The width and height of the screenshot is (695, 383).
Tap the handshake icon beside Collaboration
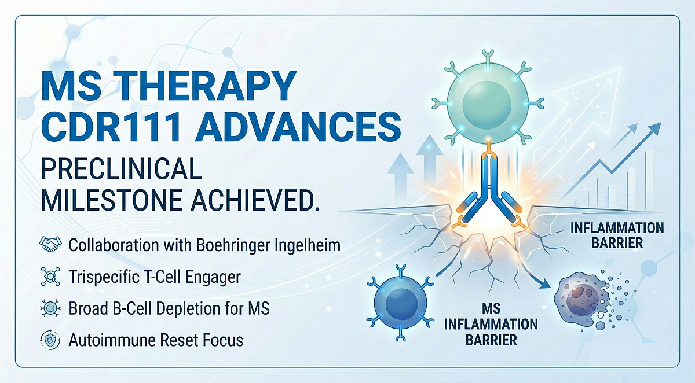[x=49, y=245]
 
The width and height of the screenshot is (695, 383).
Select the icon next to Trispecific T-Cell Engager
[x=49, y=277]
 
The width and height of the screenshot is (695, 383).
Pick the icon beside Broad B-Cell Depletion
[x=49, y=308]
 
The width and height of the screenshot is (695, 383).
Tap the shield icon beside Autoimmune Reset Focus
[x=49, y=340]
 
